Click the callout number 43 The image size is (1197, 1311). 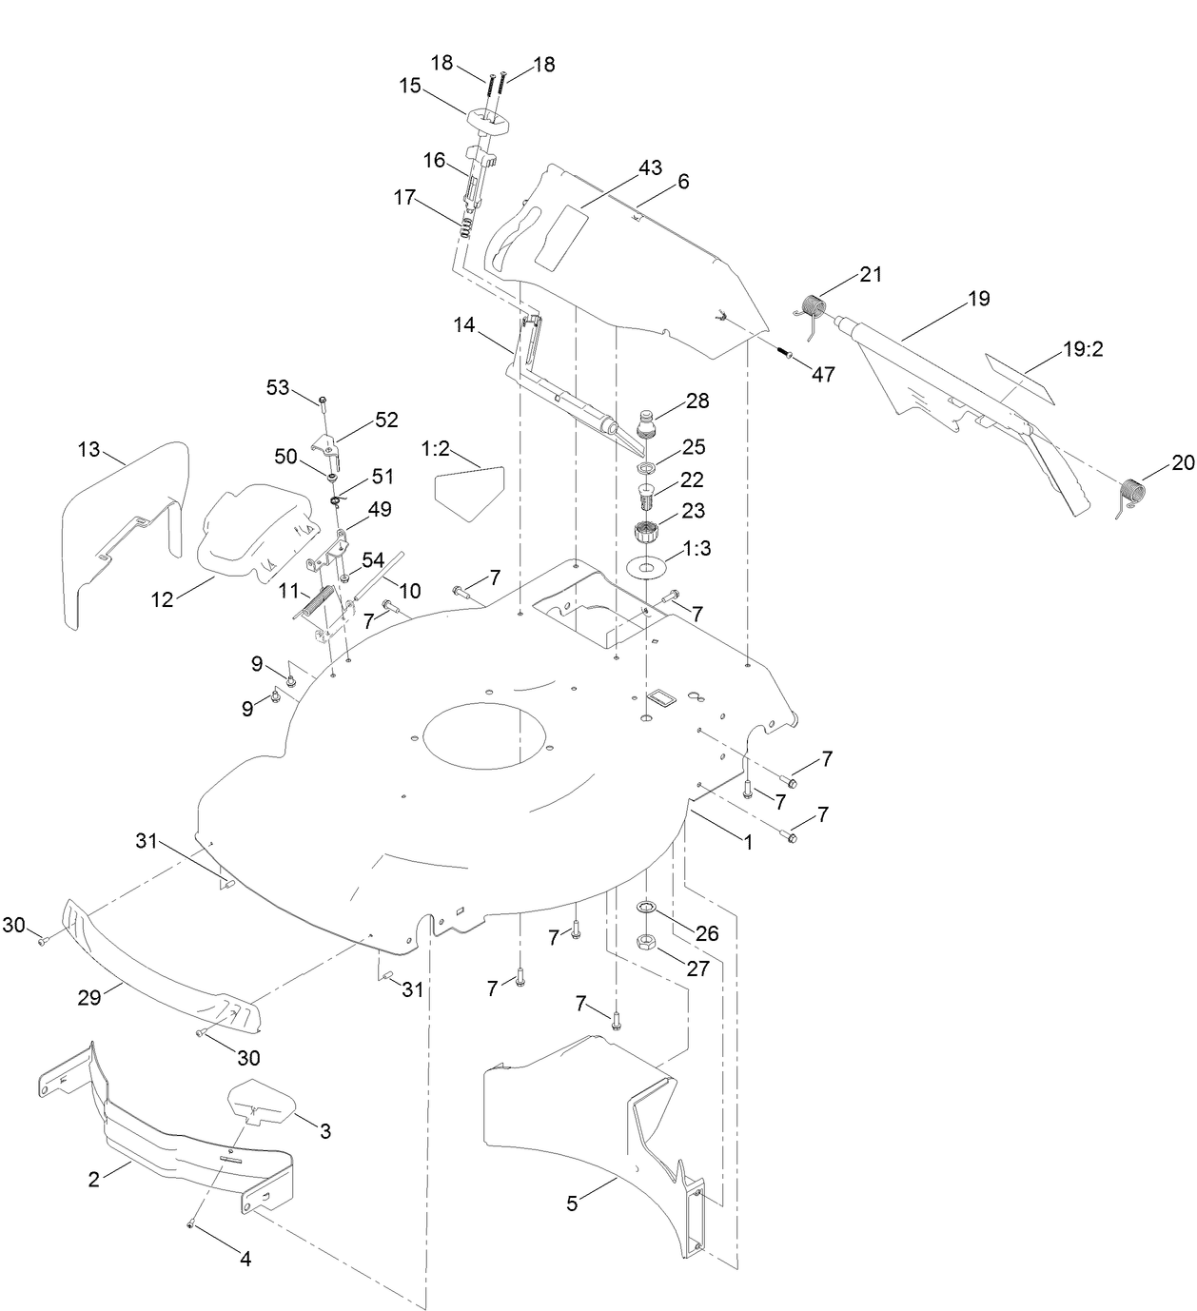pyautogui.click(x=650, y=168)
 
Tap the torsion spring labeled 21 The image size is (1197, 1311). pyautogui.click(x=812, y=307)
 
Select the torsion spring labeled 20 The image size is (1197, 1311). pyautogui.click(x=1130, y=495)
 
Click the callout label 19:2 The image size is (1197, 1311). pyautogui.click(x=1082, y=349)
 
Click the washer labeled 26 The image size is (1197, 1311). pyautogui.click(x=646, y=909)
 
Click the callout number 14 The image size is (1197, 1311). pyautogui.click(x=464, y=325)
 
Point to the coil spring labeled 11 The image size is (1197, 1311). pyautogui.click(x=317, y=602)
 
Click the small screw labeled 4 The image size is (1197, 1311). pyautogui.click(x=191, y=1224)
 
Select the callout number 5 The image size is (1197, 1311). pyautogui.click(x=572, y=1203)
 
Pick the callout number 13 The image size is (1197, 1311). pyautogui.click(x=88, y=449)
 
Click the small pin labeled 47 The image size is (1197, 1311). pyautogui.click(x=787, y=353)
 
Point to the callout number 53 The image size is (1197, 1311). pyautogui.click(x=277, y=387)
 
